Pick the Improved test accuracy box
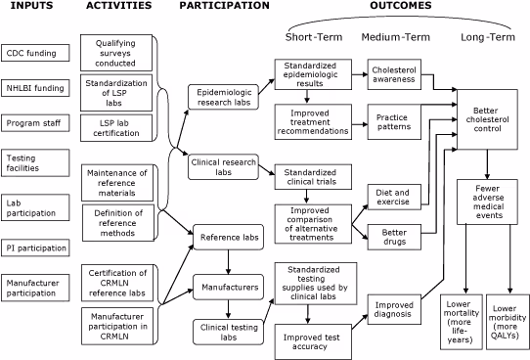point(310,338)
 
